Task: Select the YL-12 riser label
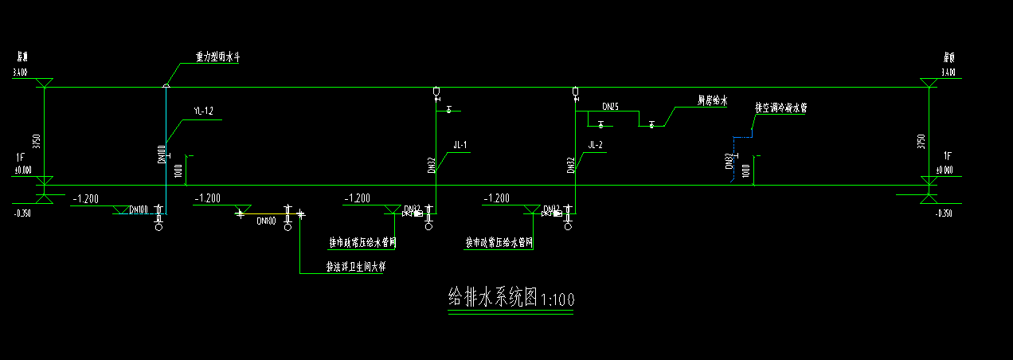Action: (x=203, y=111)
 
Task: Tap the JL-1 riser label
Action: (x=460, y=145)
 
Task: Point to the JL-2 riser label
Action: (x=595, y=145)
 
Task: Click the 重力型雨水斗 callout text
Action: (x=217, y=57)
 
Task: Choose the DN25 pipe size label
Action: (x=610, y=106)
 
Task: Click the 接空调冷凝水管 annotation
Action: (x=780, y=108)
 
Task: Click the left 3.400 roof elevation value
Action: (x=20, y=73)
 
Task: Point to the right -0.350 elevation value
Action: (x=945, y=213)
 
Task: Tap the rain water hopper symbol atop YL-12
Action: (x=166, y=85)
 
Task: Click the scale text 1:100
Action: (x=557, y=301)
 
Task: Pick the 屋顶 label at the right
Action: (x=948, y=58)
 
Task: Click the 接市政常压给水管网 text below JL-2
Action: (x=499, y=241)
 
